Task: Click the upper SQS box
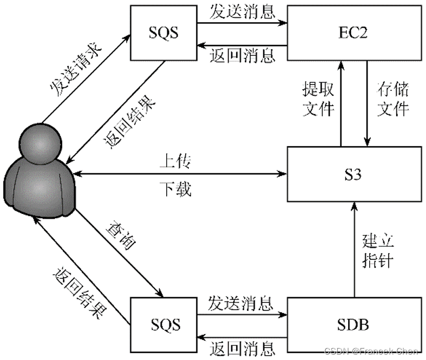coord(163,33)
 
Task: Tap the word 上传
coord(175,161)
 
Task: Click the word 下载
coord(175,190)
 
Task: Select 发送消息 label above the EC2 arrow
coord(241,12)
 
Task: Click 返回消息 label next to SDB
coord(241,347)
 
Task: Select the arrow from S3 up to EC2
coord(341,103)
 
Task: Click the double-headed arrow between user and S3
coord(179,174)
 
